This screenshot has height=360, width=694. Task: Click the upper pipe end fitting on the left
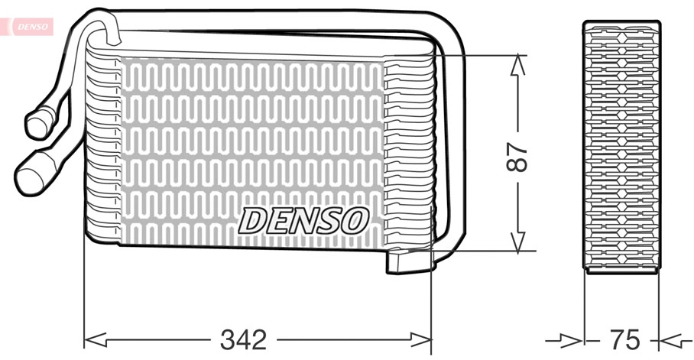point(39,122)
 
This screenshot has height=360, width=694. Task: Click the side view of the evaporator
point(622,145)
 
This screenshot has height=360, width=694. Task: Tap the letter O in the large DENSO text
point(354,221)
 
